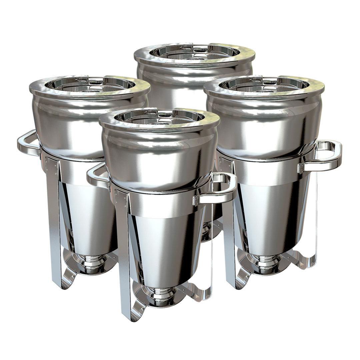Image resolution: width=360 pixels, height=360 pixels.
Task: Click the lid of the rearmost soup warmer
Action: tap(194, 53)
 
